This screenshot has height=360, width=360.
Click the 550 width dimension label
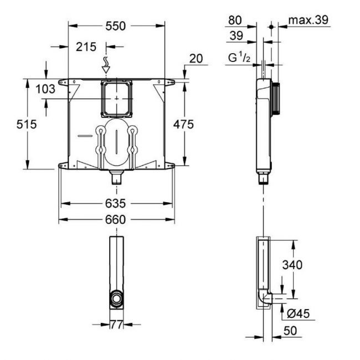coord(116,26)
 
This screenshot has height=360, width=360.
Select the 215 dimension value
coord(86,47)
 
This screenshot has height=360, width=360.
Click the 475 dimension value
coord(182,125)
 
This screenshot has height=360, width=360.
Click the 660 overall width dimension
coord(116,219)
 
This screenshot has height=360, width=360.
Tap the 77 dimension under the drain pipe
coord(117,325)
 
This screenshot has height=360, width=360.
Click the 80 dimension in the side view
coord(234,20)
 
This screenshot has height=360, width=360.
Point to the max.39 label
coord(308,20)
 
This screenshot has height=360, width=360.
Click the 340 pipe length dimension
coord(292,265)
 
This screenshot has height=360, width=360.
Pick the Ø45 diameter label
coord(299,314)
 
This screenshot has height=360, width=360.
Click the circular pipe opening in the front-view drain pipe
coord(117,299)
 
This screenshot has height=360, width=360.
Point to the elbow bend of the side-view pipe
coord(265,299)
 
